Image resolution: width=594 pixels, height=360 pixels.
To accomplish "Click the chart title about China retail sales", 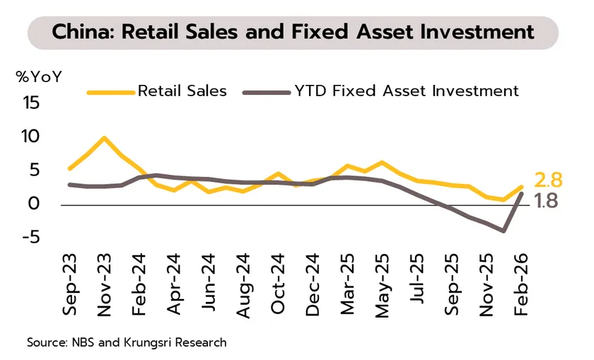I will click(293, 32).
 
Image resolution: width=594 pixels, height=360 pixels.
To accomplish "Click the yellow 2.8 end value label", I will click(548, 181).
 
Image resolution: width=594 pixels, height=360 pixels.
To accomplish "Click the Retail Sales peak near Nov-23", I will click(105, 138).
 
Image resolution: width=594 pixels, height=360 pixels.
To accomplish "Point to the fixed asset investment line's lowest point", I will click(503, 231).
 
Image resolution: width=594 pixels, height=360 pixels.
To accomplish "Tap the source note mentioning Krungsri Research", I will click(127, 342).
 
